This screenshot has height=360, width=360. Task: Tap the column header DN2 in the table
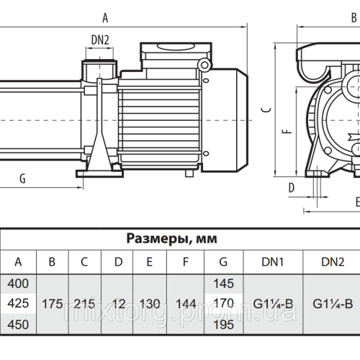[332, 262]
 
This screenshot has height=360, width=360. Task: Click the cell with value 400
[18, 285]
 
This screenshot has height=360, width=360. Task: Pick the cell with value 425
[18, 304]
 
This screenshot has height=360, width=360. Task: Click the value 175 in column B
[51, 304]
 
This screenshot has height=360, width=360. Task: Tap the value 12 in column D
[117, 304]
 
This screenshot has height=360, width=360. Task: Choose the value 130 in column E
[149, 304]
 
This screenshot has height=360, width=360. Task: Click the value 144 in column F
[184, 304]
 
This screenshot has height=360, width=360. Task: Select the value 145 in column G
[223, 285]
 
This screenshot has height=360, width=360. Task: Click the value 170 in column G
[223, 304]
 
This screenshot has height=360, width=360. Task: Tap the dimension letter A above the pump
[106, 16]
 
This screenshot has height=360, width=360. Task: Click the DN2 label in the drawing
[99, 40]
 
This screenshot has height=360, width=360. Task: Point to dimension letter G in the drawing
[22, 178]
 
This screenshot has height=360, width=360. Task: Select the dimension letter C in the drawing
[266, 108]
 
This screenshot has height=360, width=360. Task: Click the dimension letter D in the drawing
[291, 186]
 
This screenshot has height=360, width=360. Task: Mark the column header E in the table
[149, 262]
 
